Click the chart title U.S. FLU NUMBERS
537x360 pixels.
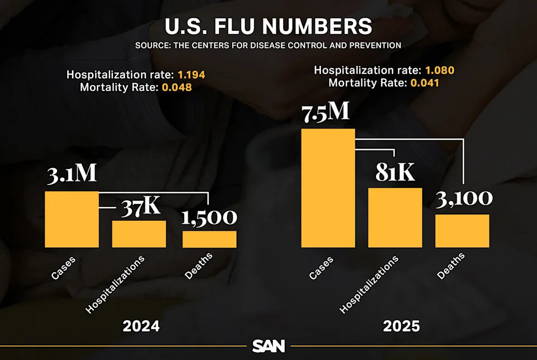(268, 26)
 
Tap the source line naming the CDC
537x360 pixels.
(268, 45)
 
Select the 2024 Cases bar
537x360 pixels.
(72, 219)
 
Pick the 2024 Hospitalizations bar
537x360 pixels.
(139, 234)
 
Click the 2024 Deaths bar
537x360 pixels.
(209, 239)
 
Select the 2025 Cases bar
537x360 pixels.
(328, 188)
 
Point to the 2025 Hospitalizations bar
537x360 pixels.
(395, 217)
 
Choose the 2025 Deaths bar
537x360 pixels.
(463, 230)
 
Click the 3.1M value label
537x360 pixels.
(72, 173)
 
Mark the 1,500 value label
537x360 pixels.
(209, 217)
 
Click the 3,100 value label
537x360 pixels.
(464, 198)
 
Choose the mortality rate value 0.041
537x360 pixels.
(425, 83)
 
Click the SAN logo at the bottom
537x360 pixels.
(268, 346)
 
